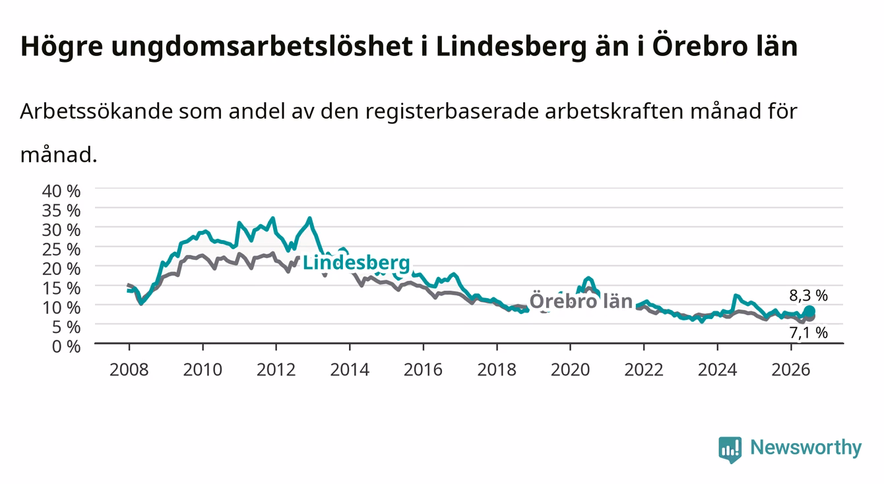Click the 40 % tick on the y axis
[61, 191]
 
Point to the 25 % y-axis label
[61, 250]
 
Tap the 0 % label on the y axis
[66, 347]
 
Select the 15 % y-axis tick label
[61, 288]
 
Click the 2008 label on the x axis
[129, 370]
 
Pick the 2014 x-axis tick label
[350, 370]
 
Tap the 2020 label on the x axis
[570, 370]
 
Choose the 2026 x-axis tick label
[791, 370]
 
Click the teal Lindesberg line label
[356, 263]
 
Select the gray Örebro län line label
[581, 301]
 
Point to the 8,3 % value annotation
[809, 295]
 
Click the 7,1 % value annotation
[809, 333]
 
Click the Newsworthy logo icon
[730, 450]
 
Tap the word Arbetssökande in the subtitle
[96, 111]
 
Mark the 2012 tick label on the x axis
[276, 370]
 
